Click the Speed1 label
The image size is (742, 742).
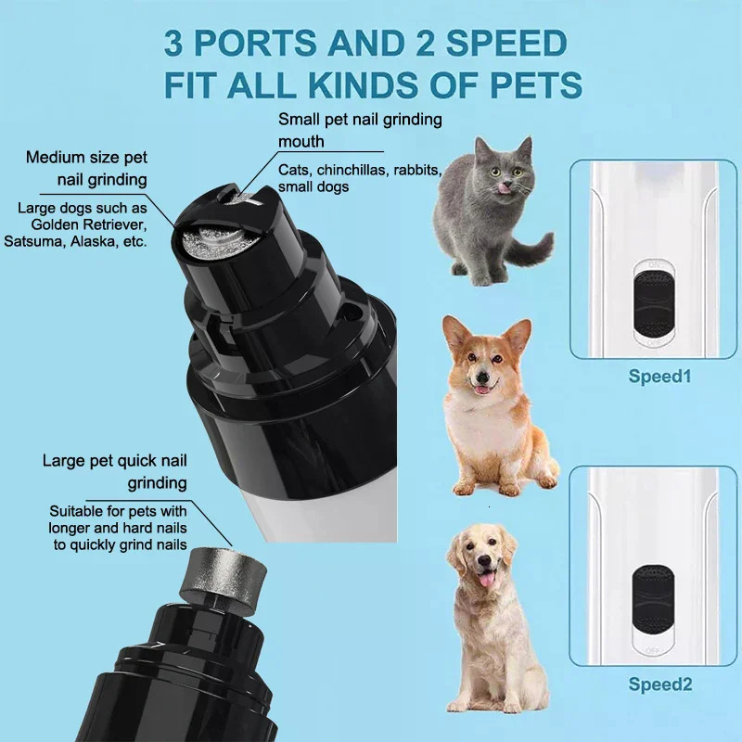coord(660,377)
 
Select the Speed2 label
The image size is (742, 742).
coord(660,684)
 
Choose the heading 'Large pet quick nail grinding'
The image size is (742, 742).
coord(115,472)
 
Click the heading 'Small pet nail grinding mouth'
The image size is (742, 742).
coord(360,131)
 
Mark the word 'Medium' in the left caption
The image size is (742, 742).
coord(57,158)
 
